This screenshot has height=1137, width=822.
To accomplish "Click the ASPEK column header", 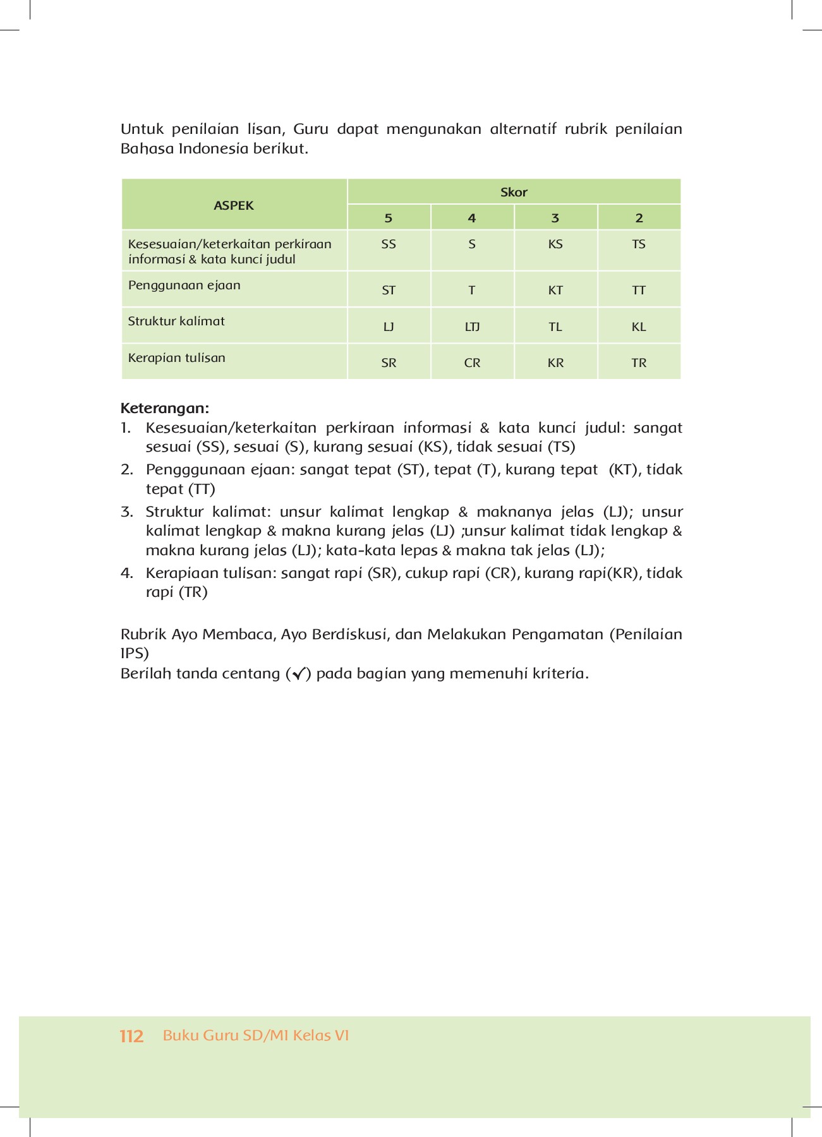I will coord(234,205).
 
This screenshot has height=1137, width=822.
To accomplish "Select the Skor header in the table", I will coord(514,192).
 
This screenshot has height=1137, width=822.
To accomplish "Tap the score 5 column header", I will coord(389,218).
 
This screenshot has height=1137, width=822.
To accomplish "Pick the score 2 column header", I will coord(639,218).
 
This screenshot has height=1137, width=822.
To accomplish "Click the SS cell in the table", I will coord(389,244).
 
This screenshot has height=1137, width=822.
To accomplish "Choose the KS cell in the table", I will coord(555,244).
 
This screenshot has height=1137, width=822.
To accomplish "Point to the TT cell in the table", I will coord(639,291).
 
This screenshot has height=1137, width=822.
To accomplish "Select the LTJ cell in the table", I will coord(472,327).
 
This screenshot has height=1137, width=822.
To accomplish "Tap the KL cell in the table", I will coord(639,327).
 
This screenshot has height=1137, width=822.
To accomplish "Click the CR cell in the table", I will coord(472,363).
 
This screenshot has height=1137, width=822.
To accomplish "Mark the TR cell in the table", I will coord(639,363).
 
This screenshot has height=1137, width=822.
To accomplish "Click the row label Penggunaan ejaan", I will coord(184,286).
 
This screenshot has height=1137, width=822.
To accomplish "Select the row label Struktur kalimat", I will coord(176,322).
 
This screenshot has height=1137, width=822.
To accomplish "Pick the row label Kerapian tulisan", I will coord(177,358).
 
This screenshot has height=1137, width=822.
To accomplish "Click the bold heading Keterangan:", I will coord(164,408).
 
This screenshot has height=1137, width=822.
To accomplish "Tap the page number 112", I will coord(131,1037).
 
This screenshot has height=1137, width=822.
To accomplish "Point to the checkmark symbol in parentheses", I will coord(298,674).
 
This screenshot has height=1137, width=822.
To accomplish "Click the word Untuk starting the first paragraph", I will coord(142,129).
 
